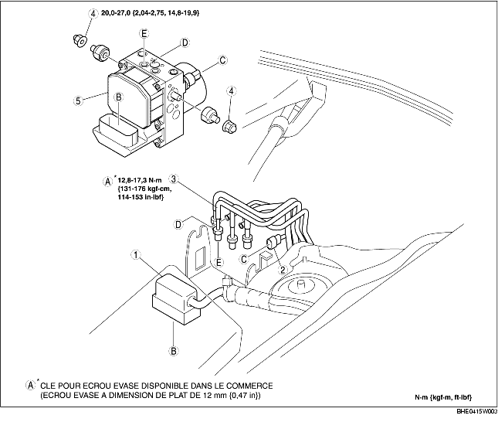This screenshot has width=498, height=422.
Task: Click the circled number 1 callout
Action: point(135,254)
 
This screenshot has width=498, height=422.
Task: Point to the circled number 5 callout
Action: point(78,100)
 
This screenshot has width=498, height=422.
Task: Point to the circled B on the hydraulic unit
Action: point(119,97)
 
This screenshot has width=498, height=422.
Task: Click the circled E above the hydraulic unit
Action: point(144,33)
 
